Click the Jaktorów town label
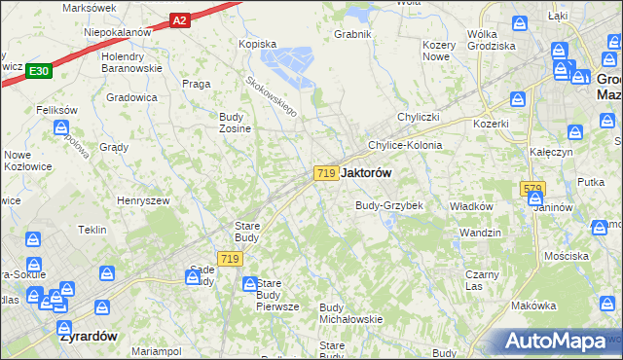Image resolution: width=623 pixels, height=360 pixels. [x=367, y=172]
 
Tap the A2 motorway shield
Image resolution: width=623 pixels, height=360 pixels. [x=178, y=18]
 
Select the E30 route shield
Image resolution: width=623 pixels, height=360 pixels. [x=38, y=70]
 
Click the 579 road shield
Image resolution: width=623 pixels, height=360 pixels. [x=531, y=189]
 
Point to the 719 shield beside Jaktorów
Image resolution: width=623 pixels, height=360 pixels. [x=326, y=172]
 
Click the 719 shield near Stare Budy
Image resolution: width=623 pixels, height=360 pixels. [x=230, y=258]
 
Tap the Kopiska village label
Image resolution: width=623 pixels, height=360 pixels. [x=258, y=44]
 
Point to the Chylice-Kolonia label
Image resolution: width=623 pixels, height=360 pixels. [x=404, y=145]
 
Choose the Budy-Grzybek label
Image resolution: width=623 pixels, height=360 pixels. [x=388, y=206]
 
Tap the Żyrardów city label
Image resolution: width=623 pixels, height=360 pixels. [x=88, y=336]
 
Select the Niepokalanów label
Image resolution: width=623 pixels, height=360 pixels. [x=117, y=32]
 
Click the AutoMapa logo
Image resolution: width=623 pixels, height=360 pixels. [x=555, y=342]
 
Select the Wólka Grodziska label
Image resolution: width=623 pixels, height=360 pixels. [x=491, y=40]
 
